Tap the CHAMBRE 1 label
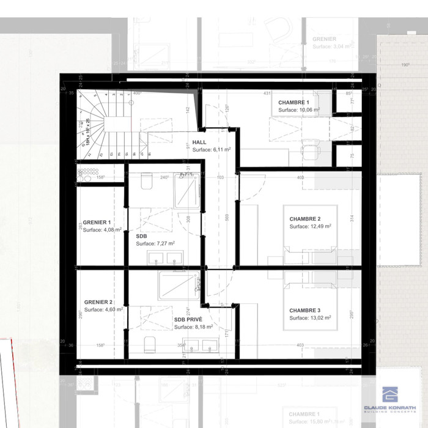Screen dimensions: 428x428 pos(293,102)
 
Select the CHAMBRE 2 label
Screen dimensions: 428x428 pos(304,219)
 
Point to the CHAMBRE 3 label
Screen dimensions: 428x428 pos(304,310)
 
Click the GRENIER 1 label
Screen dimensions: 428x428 pos(97,223)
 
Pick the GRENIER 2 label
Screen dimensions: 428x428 pos(98,302)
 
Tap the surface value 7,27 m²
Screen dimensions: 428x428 pos(155,243)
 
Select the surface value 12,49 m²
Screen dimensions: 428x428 pos(310,226)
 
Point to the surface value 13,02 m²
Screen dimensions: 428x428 pos(310,318)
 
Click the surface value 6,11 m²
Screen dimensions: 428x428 pos(211,149)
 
